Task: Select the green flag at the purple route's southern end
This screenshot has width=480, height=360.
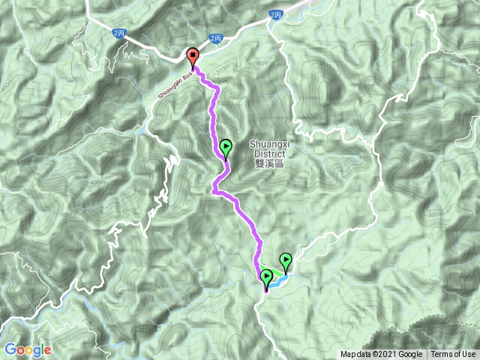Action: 266,278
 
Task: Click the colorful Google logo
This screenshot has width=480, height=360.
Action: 27,349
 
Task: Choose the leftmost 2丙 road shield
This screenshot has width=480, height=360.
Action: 118,32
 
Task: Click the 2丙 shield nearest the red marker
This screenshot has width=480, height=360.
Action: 216,38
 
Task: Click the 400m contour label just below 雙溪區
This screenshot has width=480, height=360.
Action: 299,186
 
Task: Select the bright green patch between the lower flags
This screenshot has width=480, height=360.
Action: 276,271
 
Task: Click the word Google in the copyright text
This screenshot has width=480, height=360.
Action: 410,354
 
